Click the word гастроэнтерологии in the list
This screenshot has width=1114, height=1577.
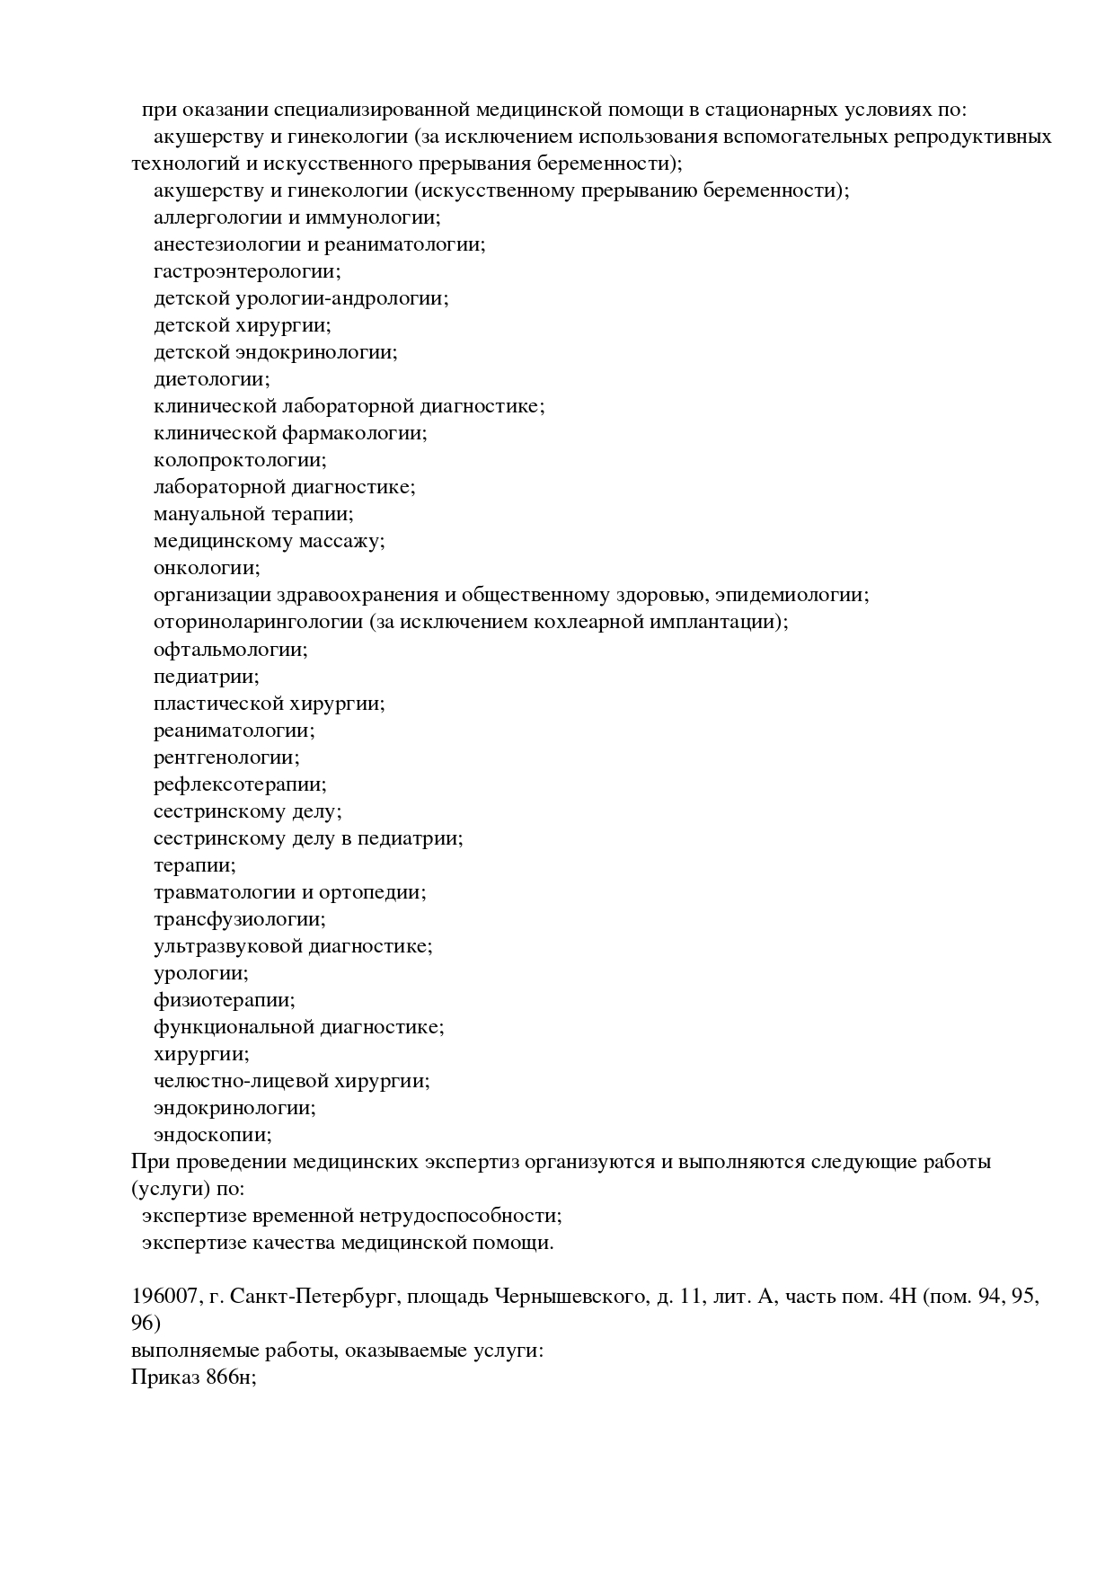246,271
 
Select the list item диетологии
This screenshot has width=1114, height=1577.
210,379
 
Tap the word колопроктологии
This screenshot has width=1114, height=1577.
239,460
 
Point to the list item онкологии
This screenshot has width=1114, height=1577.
206,568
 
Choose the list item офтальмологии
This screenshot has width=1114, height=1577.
230,649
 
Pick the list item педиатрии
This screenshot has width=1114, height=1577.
206,676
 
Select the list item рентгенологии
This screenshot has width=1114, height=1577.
226,757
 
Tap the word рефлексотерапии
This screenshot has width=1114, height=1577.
240,784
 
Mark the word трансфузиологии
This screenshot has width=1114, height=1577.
239,918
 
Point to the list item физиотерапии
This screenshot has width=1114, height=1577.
224,999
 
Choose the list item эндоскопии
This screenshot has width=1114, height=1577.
212,1134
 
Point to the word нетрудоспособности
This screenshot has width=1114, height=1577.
459,1216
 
